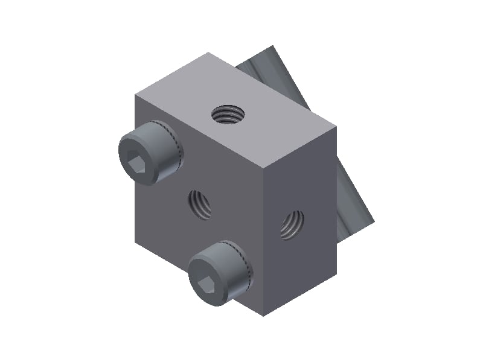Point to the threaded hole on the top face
coord(228,113)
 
